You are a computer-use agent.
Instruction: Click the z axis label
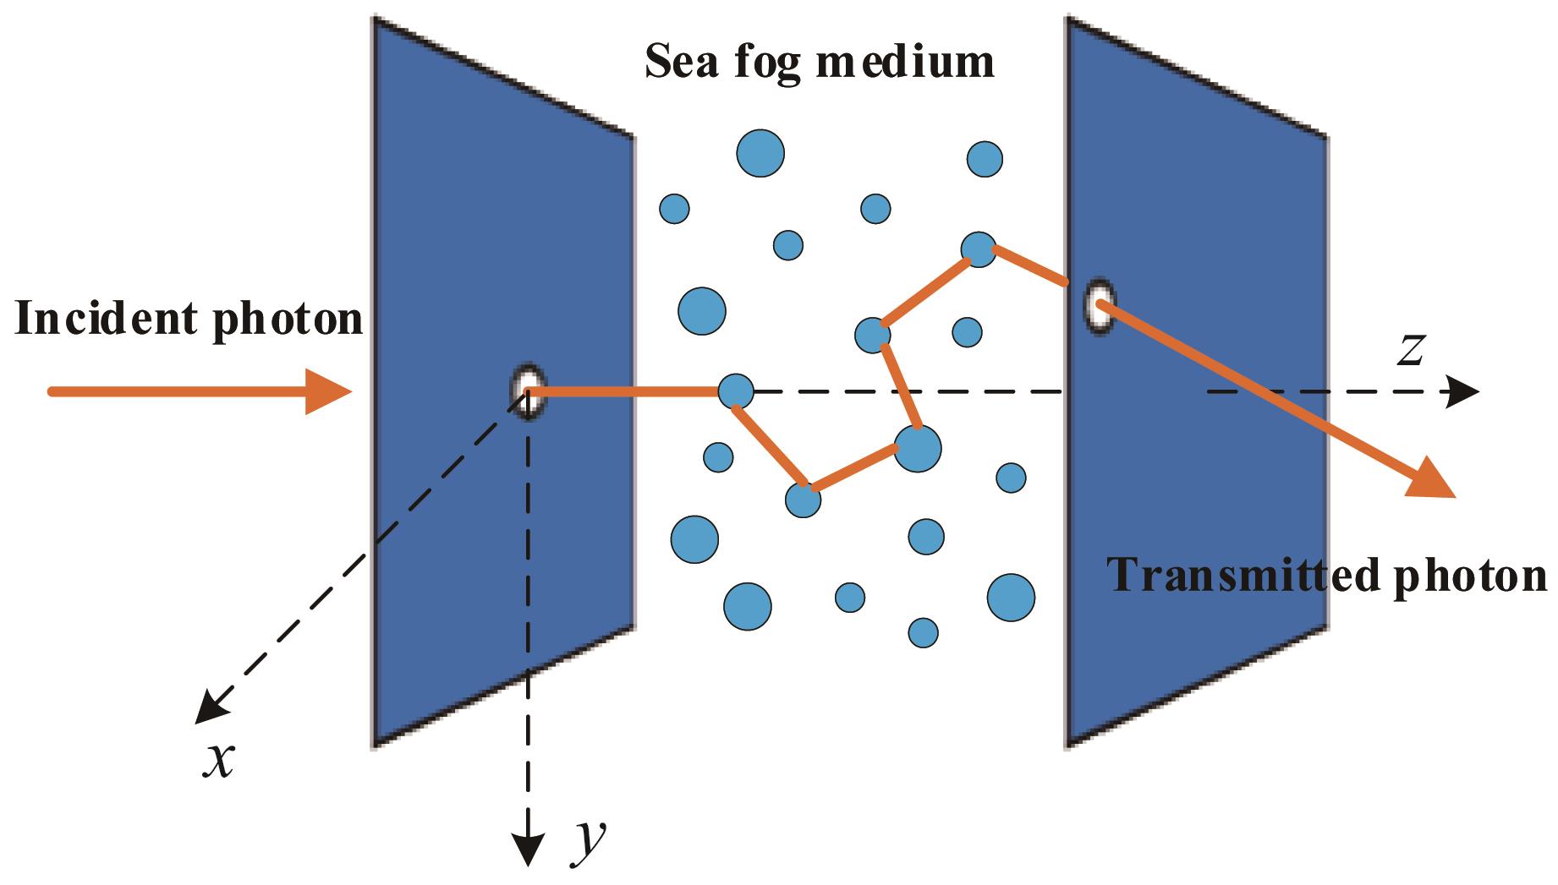coord(1410,351)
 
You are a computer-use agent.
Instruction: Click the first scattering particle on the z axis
coord(735,391)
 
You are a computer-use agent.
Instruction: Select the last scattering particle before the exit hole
coord(979,249)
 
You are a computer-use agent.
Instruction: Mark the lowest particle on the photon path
coord(803,499)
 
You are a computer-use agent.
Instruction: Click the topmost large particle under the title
coord(760,154)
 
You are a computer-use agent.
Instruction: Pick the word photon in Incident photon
coord(288,321)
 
